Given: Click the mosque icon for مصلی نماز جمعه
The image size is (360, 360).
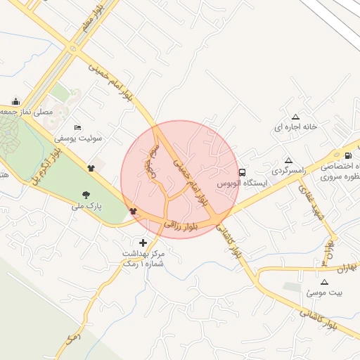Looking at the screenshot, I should pos(16,101).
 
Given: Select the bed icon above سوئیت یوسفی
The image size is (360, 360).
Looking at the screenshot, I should pos(77,127).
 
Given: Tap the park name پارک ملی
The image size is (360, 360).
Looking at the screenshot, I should pos(86,207).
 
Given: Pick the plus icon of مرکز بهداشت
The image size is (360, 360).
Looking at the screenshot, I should pos(144,242).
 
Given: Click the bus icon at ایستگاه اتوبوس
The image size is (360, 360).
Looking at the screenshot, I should pos(243,172).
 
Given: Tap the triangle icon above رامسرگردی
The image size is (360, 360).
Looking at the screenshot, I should pos(288,160).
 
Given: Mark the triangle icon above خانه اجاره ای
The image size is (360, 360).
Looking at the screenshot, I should pos(295,117).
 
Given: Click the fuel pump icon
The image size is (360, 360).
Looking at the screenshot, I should pos(348,156).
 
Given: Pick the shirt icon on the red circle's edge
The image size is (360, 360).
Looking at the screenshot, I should pos(133,210).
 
